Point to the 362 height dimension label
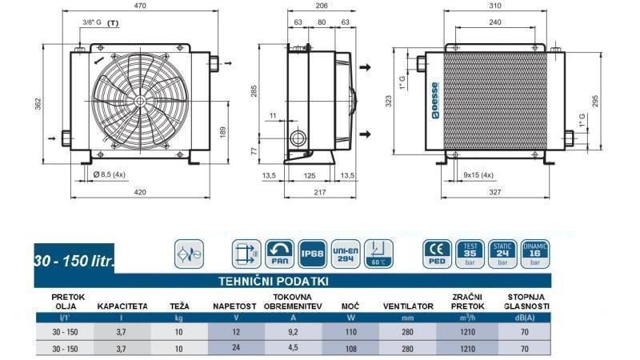(38, 104)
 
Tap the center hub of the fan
(141, 102)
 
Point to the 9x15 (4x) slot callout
(478, 174)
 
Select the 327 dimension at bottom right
(495, 192)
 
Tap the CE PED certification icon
(437, 254)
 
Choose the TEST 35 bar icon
(470, 254)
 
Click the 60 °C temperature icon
(378, 254)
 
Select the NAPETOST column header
(234, 306)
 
